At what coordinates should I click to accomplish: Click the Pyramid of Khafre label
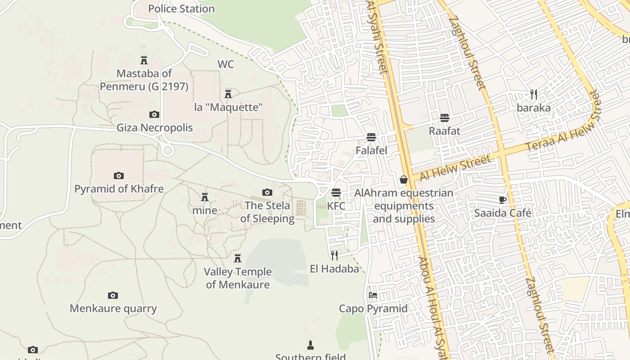pyautogui.click(x=119, y=189)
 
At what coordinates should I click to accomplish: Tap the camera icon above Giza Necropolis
pyautogui.click(x=154, y=114)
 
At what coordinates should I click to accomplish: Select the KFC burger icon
pyautogui.click(x=336, y=193)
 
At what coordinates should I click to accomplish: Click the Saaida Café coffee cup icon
pyautogui.click(x=503, y=200)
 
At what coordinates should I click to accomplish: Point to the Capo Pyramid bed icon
pyautogui.click(x=373, y=295)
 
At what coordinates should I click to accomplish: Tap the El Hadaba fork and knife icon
pyautogui.click(x=334, y=256)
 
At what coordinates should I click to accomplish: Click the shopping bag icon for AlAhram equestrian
pyautogui.click(x=404, y=180)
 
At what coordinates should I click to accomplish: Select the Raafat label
pyautogui.click(x=445, y=131)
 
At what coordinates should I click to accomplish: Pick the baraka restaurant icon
pyautogui.click(x=534, y=94)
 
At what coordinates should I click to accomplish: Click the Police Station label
pyautogui.click(x=181, y=9)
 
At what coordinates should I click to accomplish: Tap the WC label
pyautogui.click(x=225, y=64)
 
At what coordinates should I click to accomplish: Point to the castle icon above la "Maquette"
pyautogui.click(x=228, y=94)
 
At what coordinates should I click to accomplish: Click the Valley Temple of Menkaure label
pyautogui.click(x=238, y=278)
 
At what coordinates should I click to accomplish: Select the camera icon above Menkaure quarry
pyautogui.click(x=113, y=295)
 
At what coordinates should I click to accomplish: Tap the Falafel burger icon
pyautogui.click(x=371, y=137)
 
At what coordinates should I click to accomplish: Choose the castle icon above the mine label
pyautogui.click(x=205, y=197)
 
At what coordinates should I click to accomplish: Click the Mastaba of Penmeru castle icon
pyautogui.click(x=144, y=60)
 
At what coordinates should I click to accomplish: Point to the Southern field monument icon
pyautogui.click(x=310, y=345)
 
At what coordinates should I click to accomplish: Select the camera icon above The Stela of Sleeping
pyautogui.click(x=267, y=192)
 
